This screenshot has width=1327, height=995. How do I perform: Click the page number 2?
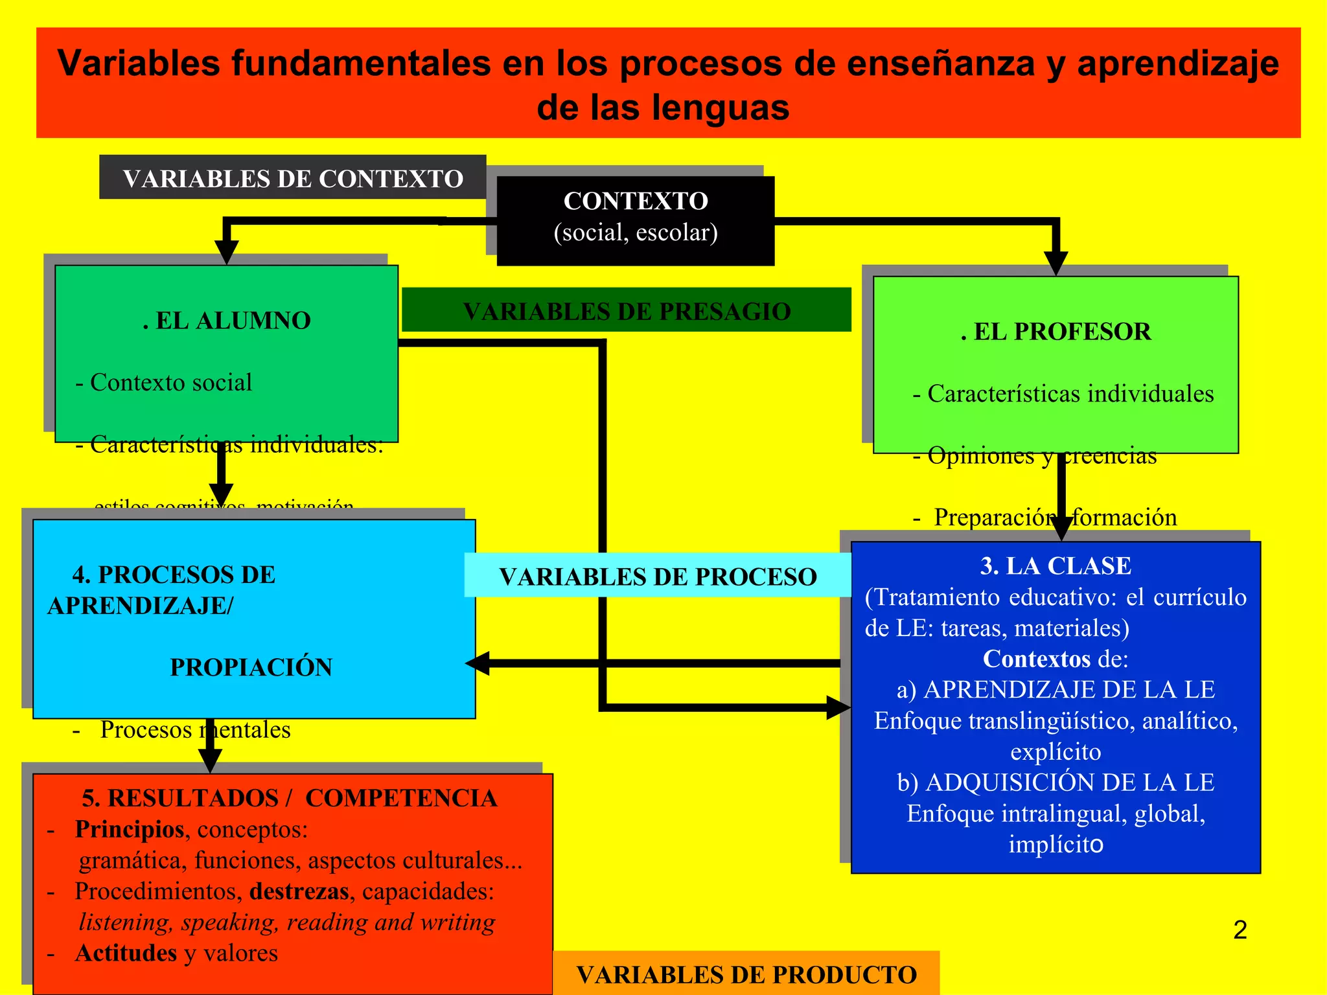point(1240,930)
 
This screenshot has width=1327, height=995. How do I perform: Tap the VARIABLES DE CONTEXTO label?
point(293,179)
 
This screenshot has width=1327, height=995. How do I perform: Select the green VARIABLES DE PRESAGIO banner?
point(627,311)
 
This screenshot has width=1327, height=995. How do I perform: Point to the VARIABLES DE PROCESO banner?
point(658,576)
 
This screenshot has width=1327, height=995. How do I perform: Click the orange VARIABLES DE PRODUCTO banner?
point(746,974)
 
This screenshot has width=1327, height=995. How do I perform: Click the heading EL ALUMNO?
point(227,321)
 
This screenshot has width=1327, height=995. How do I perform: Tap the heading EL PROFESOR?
point(1056,332)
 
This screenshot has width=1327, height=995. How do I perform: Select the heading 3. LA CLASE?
point(1056,566)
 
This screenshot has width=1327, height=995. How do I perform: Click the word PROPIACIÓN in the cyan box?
point(251,667)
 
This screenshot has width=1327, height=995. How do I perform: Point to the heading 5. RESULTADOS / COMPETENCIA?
point(290,798)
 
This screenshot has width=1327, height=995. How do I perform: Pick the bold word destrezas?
point(299,891)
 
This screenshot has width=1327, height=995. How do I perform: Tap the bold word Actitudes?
point(126,953)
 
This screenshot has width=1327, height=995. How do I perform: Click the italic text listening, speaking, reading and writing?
point(287,922)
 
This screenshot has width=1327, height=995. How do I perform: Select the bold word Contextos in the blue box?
point(1037,659)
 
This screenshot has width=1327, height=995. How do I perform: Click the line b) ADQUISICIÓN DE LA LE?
point(1056,783)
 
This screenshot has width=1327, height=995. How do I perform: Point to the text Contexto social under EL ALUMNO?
point(171,382)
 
